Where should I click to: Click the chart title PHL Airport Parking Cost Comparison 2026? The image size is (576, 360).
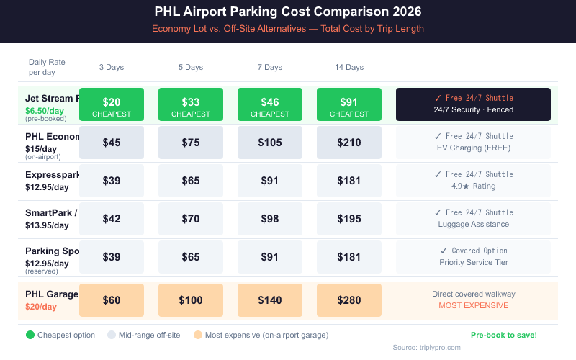(288, 12)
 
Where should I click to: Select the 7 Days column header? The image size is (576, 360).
(270, 67)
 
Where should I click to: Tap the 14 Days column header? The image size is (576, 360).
(349, 67)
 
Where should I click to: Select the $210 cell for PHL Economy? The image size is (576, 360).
(349, 143)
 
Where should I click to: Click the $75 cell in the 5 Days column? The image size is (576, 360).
(191, 143)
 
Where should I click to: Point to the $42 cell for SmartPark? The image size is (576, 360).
(112, 218)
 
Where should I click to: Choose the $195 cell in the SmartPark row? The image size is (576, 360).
(349, 218)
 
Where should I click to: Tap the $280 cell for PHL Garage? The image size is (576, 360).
(349, 300)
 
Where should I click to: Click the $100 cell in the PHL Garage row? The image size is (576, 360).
(191, 300)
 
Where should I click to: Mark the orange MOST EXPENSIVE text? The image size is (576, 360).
(473, 305)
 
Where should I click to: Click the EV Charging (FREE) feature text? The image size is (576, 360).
(473, 148)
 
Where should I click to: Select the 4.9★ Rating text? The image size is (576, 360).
(473, 186)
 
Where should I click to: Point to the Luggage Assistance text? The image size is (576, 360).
(473, 224)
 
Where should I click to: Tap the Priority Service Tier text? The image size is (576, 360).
(473, 262)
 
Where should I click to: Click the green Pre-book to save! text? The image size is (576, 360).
(503, 335)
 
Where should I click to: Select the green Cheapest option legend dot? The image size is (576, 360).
(30, 335)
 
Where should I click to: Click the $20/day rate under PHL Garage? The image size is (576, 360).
(40, 307)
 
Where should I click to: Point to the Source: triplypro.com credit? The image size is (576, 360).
(426, 347)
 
